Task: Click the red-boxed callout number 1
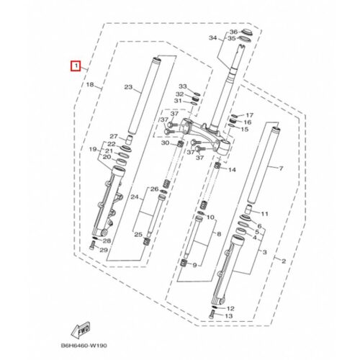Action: (x=76, y=66)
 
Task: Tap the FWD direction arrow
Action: (x=81, y=329)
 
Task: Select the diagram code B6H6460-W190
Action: (x=84, y=346)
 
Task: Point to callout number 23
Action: (x=128, y=87)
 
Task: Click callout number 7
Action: (x=281, y=168)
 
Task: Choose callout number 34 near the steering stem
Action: (x=213, y=38)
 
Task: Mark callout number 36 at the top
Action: (x=233, y=32)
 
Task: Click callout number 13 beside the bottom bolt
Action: (x=229, y=316)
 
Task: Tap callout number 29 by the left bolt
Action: (x=104, y=250)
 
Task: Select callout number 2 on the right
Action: (x=284, y=261)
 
